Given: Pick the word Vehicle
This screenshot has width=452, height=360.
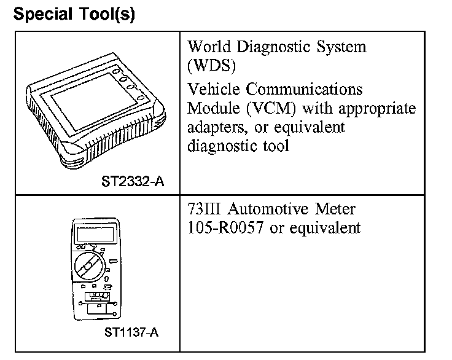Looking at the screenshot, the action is pyautogui.click(x=215, y=89).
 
